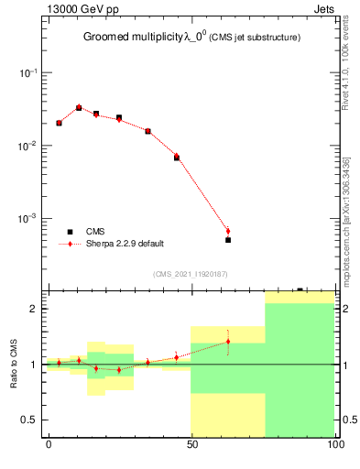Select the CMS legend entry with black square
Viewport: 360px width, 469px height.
95,232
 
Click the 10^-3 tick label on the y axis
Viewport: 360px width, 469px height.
27,220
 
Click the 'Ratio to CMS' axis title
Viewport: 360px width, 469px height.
14,365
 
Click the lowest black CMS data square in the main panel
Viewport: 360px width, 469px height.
228,240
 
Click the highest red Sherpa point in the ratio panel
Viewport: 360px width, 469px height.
228,342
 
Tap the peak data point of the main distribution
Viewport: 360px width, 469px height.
79,107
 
